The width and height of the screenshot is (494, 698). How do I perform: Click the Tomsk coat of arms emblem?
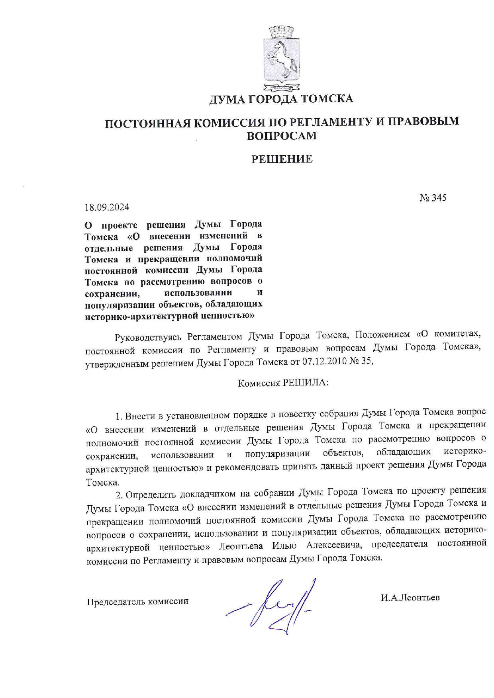pyautogui.click(x=281, y=58)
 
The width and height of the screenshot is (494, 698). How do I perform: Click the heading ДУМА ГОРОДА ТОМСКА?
pyautogui.click(x=281, y=99)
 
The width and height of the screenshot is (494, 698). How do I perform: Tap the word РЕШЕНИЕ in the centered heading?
pyautogui.click(x=282, y=159)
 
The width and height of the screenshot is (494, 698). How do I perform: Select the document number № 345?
pyautogui.click(x=433, y=197)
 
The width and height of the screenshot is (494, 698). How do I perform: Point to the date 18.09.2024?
pyautogui.click(x=107, y=207)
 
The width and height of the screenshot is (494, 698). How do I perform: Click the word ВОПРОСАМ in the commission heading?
pyautogui.click(x=282, y=136)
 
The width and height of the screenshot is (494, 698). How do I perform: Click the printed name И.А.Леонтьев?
pyautogui.click(x=410, y=597)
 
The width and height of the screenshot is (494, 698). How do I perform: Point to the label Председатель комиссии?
pyautogui.click(x=138, y=601)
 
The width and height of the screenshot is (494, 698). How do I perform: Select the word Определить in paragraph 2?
pyautogui.click(x=151, y=495)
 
